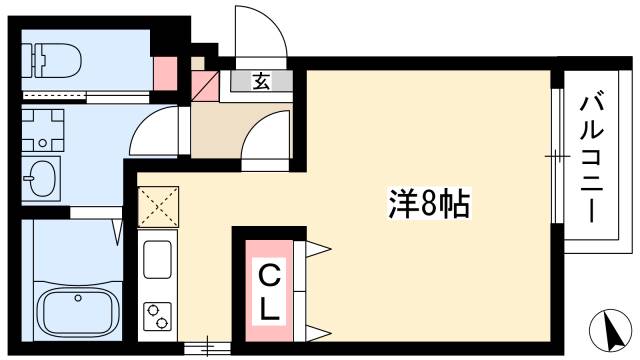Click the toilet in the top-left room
coord(54,59)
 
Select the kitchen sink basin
coord(158,260)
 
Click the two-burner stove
coord(158,318)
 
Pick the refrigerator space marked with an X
coord(157,208)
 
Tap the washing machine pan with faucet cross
coord(42,130)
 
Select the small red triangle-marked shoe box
coord(204,84)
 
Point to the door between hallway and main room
coord(264,140)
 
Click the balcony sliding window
coord(552,155)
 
